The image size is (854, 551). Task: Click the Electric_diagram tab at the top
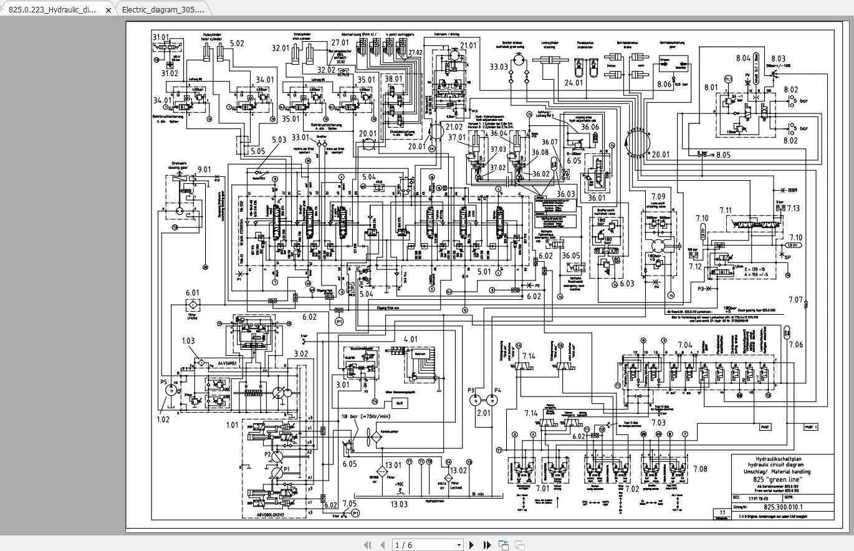(163, 9)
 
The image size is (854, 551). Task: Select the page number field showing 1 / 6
(428, 545)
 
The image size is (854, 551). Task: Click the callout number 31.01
(161, 37)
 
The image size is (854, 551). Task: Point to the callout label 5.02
(237, 44)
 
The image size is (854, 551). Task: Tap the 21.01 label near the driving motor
(468, 46)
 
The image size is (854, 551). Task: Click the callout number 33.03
(499, 67)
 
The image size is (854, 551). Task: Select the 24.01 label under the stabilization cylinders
(573, 82)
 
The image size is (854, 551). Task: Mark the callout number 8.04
(742, 58)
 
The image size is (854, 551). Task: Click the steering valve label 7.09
(658, 197)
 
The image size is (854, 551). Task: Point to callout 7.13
(793, 208)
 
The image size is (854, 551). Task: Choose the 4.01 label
(411, 340)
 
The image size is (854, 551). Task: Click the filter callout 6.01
(192, 293)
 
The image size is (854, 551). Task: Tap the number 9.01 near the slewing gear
(204, 169)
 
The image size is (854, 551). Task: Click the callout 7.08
(699, 469)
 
